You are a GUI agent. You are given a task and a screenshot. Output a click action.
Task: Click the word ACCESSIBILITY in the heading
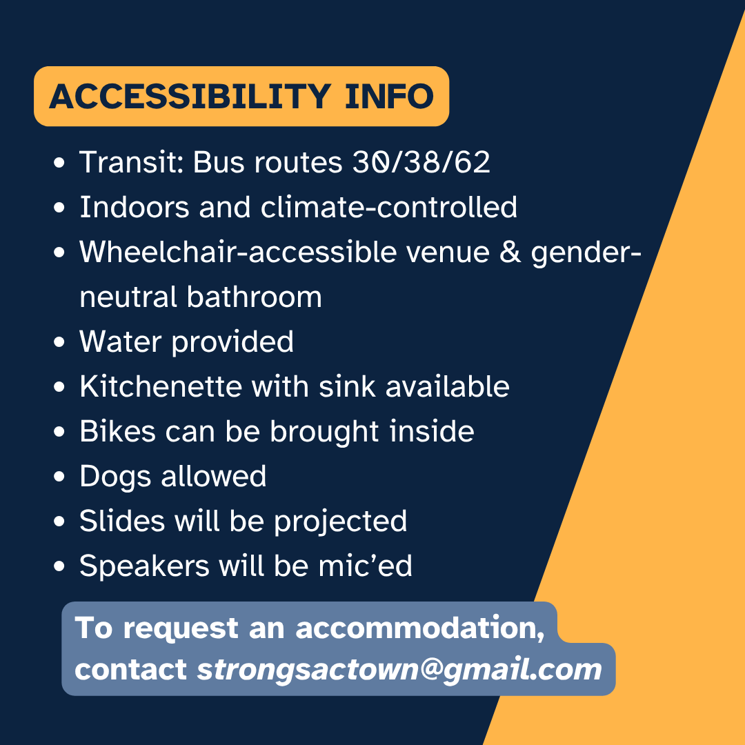(190, 97)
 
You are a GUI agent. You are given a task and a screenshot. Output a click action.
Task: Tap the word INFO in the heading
(389, 97)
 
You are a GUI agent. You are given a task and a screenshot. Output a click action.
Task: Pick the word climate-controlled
(388, 207)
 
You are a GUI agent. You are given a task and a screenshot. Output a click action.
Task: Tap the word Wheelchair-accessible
(237, 251)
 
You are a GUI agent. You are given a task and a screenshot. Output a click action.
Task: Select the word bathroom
(254, 297)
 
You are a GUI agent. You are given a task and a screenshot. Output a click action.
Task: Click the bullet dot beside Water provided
(59, 342)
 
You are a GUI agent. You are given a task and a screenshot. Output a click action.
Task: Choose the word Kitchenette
(161, 386)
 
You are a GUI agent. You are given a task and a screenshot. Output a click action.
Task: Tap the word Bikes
(117, 431)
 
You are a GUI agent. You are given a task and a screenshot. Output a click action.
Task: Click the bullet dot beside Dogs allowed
(59, 477)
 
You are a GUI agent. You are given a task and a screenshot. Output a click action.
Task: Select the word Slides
(121, 521)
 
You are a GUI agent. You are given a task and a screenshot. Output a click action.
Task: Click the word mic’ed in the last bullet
(365, 566)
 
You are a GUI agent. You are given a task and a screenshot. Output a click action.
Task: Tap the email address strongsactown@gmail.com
(399, 670)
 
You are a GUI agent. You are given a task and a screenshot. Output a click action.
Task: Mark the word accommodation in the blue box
(420, 628)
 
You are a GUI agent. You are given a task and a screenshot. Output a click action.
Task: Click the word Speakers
(144, 566)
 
